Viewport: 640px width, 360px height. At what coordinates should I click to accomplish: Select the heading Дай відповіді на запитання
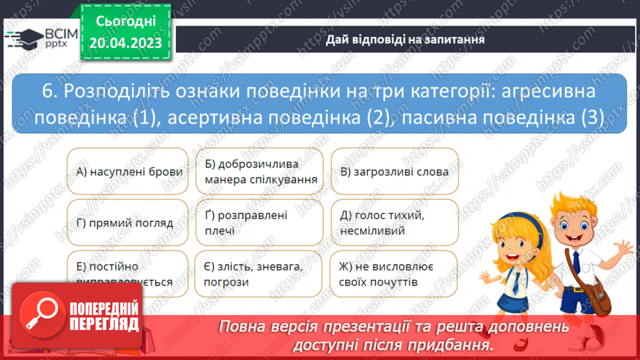click(x=405, y=40)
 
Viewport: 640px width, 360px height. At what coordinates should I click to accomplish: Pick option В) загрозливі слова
click(x=394, y=172)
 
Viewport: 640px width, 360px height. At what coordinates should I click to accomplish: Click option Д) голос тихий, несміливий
click(x=394, y=223)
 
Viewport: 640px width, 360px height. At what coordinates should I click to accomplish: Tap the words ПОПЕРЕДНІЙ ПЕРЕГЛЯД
click(x=104, y=316)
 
